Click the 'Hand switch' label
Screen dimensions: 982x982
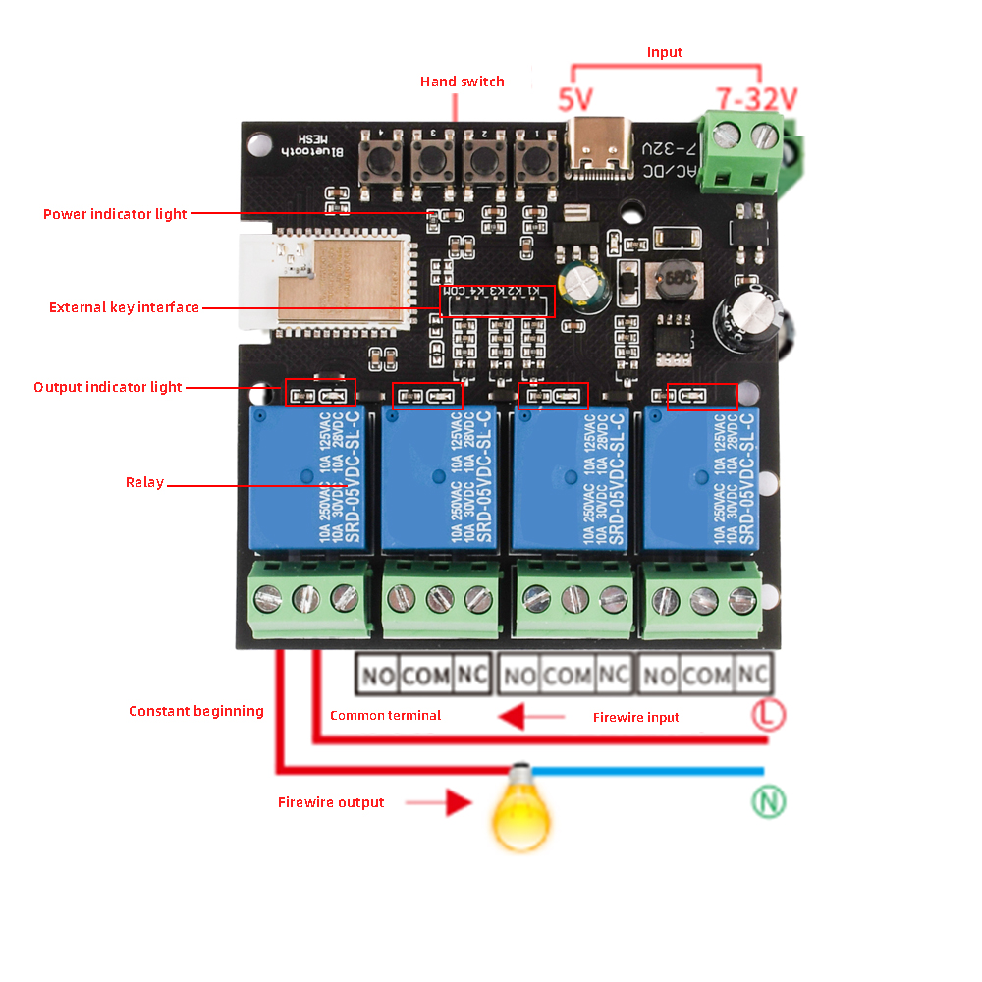(x=463, y=82)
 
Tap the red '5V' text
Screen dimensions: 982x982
(x=575, y=100)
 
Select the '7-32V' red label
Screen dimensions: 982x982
(x=756, y=99)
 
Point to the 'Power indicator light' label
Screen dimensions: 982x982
(x=115, y=214)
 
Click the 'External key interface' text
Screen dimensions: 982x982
(x=124, y=307)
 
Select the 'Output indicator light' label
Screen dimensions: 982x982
(x=108, y=387)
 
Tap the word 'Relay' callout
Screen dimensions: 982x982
(x=144, y=482)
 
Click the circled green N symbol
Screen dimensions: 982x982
(x=769, y=802)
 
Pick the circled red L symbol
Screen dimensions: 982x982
(x=769, y=714)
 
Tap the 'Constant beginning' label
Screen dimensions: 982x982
(x=196, y=711)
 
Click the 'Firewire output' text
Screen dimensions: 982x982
(x=331, y=802)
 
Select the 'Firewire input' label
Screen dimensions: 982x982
(x=636, y=717)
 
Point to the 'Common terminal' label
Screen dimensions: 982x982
(x=385, y=715)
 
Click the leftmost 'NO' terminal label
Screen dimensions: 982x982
(x=376, y=676)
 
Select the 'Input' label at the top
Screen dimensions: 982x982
(x=665, y=52)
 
